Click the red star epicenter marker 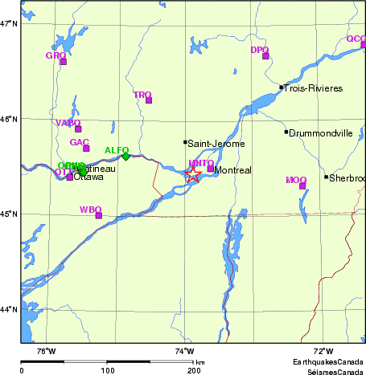193,174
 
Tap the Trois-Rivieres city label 314,88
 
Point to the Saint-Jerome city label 214,144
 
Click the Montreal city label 234,170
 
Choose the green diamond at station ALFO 125,157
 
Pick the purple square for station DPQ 265,56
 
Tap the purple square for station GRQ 64,62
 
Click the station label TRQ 142,95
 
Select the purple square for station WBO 99,215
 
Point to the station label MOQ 296,180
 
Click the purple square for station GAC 86,149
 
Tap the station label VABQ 68,123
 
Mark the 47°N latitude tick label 9,23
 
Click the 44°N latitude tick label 9,309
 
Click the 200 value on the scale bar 194,371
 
